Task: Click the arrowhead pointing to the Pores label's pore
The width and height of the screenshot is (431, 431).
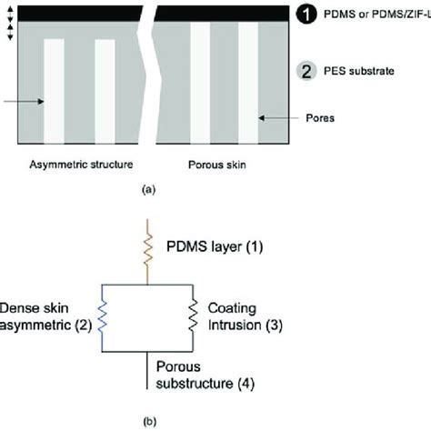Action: [263, 117]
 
